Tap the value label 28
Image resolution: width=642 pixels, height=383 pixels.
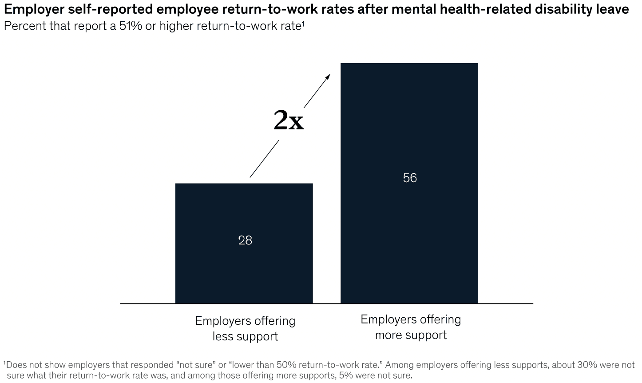(245, 240)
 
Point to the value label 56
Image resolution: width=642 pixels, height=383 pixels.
(410, 178)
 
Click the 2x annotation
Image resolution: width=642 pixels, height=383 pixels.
(289, 120)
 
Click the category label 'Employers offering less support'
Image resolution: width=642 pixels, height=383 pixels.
(245, 328)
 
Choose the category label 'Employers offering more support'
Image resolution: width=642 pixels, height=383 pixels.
(411, 327)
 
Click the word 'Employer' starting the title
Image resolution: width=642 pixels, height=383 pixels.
(32, 10)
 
